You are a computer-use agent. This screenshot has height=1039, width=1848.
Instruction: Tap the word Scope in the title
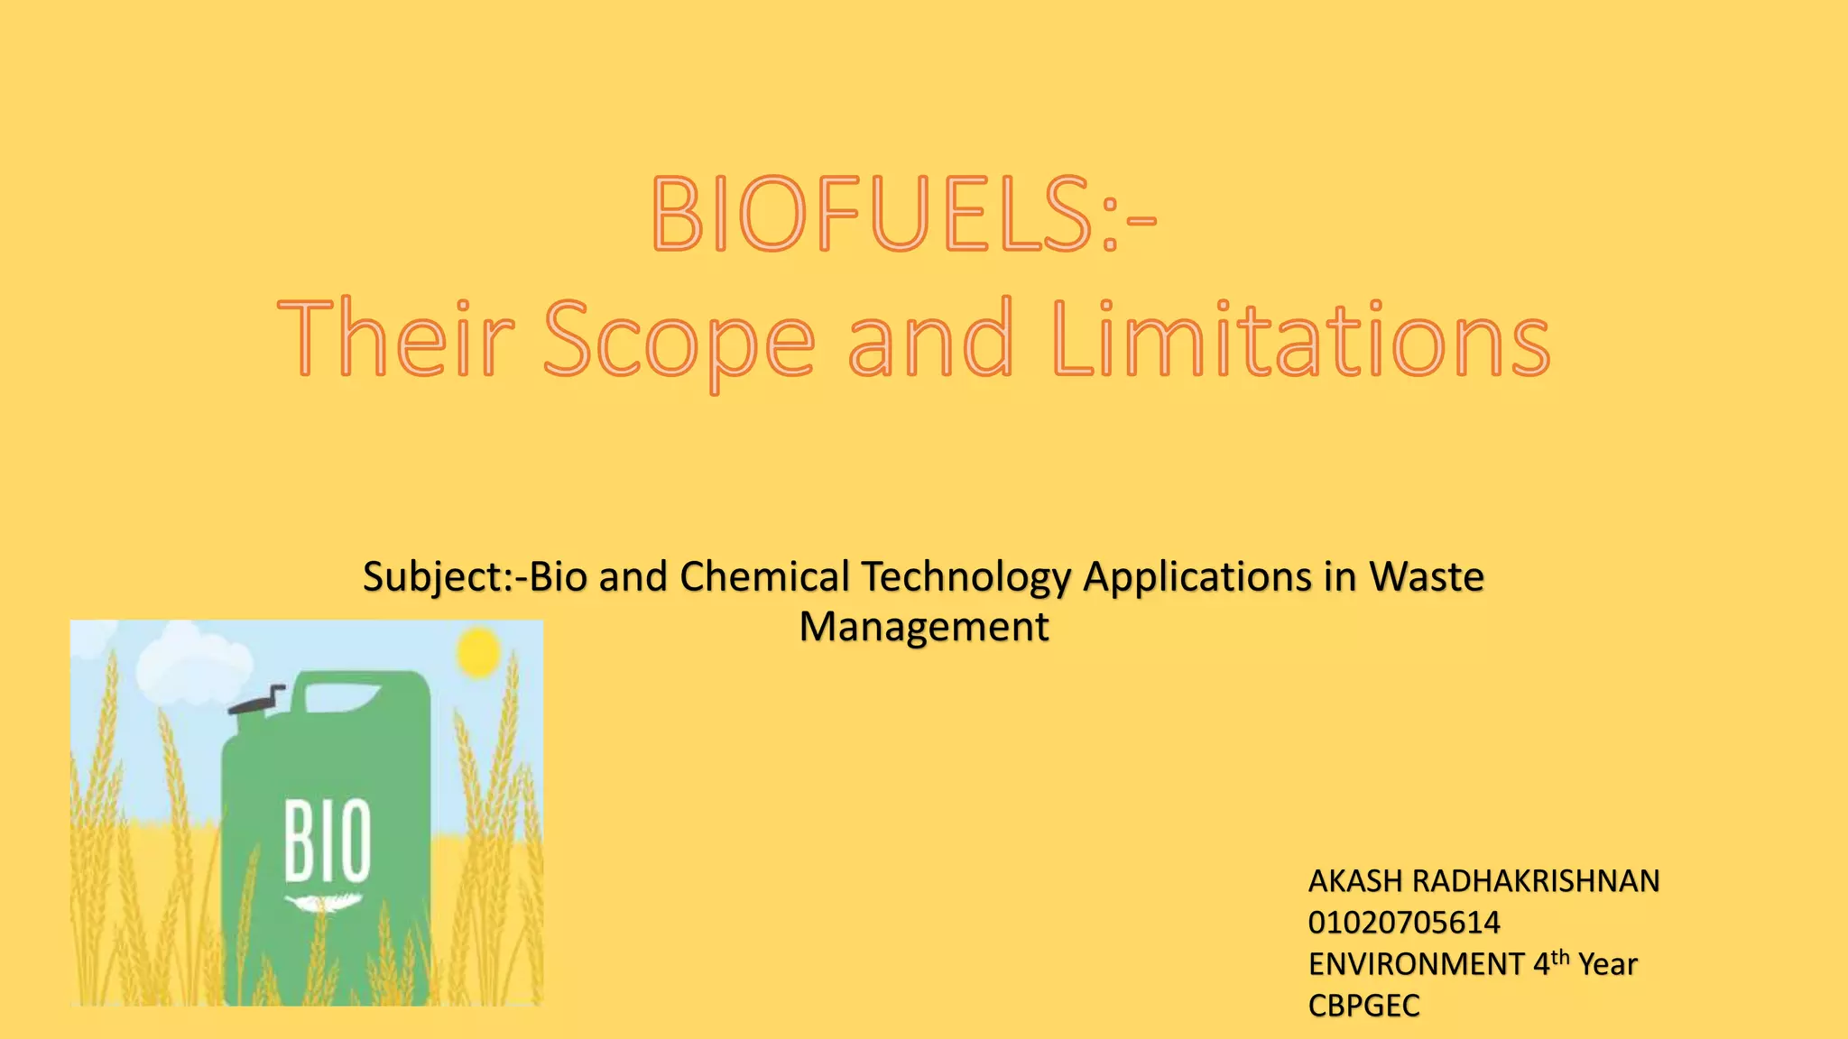679,341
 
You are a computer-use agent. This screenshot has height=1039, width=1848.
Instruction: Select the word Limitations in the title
1300,341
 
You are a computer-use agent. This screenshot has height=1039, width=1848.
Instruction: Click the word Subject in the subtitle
432,578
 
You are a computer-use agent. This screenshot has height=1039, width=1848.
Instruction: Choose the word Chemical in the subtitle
764,577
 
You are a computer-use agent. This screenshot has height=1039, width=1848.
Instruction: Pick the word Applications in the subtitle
1197,578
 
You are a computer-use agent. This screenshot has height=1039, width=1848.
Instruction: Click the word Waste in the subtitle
1426,577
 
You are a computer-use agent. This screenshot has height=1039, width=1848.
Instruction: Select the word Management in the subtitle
924,627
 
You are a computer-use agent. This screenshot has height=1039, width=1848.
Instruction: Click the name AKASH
1355,881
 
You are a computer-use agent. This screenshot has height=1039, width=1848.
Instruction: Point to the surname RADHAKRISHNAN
1535,881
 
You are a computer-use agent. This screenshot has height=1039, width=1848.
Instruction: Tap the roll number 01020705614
1404,923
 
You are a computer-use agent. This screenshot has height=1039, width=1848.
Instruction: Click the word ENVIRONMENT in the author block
1416,964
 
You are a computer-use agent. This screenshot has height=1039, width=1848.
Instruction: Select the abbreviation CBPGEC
1363,1006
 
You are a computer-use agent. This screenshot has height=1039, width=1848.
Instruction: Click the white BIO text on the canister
328,840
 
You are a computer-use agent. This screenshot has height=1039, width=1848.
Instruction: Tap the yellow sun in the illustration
477,651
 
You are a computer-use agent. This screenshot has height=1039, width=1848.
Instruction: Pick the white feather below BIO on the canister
324,902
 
